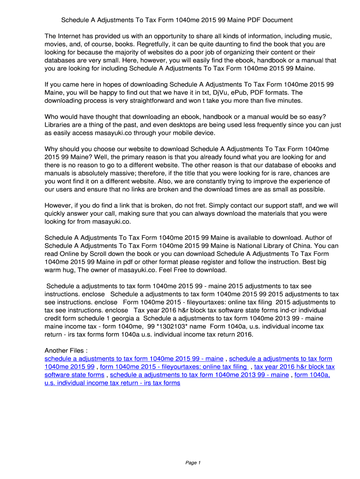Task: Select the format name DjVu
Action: pyautogui.click(x=223, y=93)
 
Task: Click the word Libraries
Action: pyautogui.click(x=59, y=125)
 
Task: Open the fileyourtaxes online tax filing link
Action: pyautogui.click(x=173, y=367)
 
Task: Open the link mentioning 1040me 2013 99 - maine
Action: pyautogui.click(x=199, y=375)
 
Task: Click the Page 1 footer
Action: pyautogui.click(x=193, y=463)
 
